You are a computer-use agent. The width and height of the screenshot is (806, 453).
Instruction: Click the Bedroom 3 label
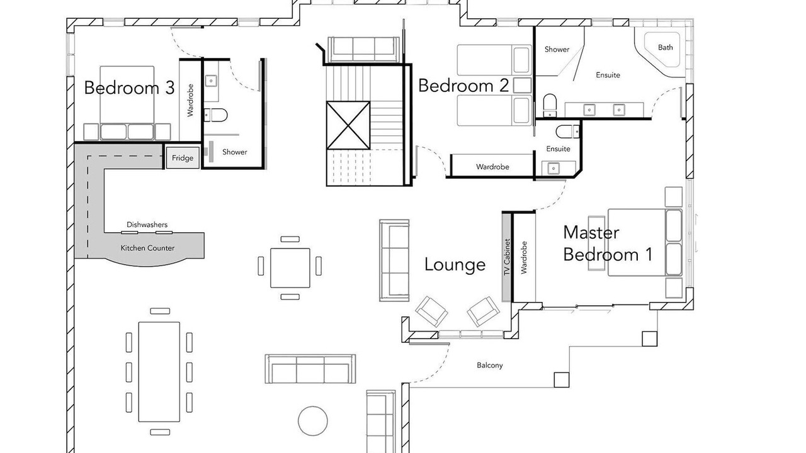[x=129, y=87]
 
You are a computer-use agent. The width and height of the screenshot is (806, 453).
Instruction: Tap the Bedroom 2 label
[x=463, y=86]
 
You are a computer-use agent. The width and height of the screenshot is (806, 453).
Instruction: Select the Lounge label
[x=455, y=265]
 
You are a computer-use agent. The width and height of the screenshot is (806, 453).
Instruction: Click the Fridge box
[x=183, y=158]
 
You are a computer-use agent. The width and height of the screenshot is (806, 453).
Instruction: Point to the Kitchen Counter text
[x=147, y=248]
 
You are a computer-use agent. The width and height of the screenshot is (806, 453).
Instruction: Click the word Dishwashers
[x=147, y=225]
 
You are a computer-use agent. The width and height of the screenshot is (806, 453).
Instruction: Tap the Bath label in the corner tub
[x=666, y=47]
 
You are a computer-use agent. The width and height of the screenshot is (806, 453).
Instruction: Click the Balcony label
[x=490, y=366]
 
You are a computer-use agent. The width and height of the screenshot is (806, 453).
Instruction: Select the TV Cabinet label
[x=508, y=257]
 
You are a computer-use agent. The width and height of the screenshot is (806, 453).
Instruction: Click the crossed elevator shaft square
[x=348, y=125]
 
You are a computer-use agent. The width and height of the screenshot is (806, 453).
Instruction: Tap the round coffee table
[x=313, y=421]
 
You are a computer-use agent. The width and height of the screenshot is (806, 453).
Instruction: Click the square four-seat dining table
[x=290, y=268]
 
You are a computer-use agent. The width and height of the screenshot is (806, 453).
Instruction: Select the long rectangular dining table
[x=159, y=372]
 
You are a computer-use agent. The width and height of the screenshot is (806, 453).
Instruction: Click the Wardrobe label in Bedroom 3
[x=190, y=100]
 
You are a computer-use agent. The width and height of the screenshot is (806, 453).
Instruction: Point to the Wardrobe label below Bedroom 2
[x=492, y=167]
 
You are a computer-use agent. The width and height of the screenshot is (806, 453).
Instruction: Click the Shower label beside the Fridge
[x=235, y=152]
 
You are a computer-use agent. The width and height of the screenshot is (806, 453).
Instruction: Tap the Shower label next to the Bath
[x=557, y=49]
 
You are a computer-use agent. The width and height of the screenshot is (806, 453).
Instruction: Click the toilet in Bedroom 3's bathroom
[x=216, y=115]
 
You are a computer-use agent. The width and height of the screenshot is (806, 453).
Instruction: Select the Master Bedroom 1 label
[x=608, y=243]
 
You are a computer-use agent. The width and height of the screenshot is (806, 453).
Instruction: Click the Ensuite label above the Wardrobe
[x=558, y=149]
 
